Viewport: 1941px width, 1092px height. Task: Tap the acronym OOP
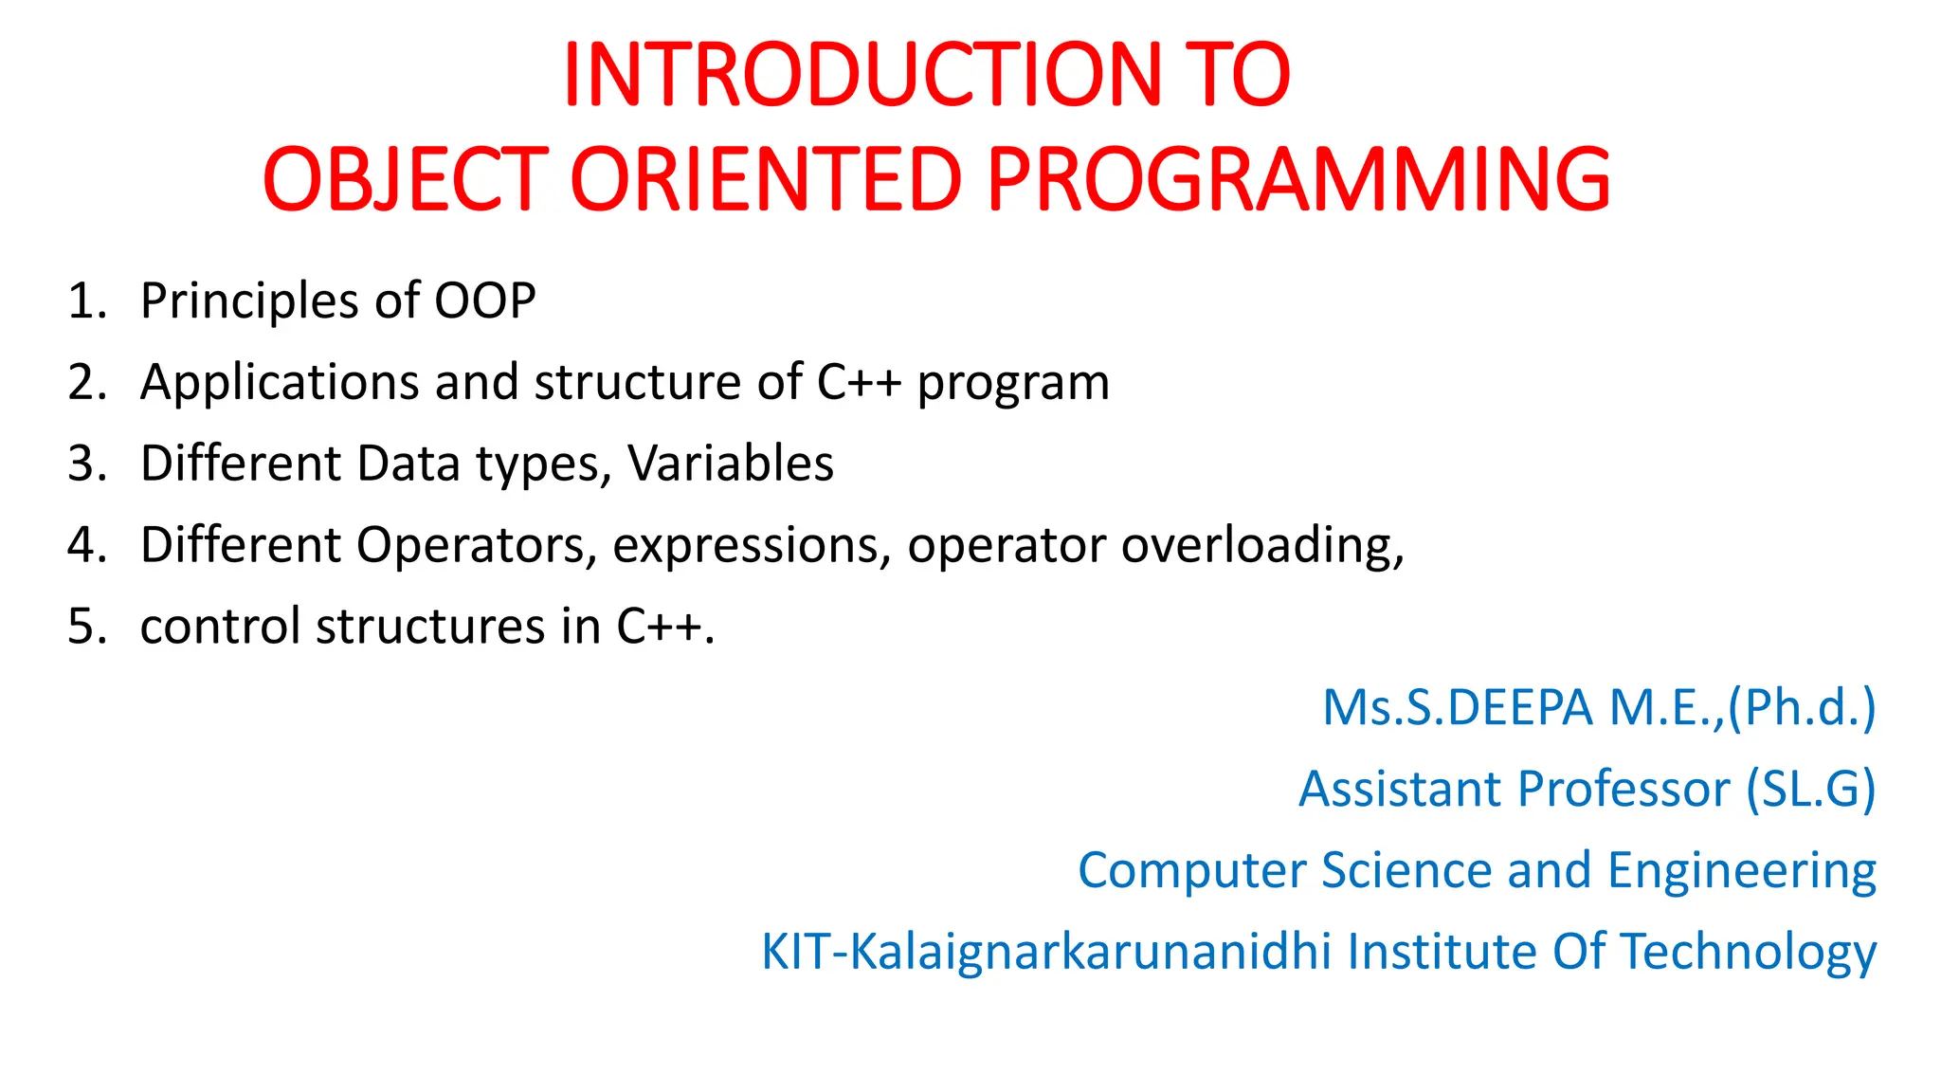pyautogui.click(x=485, y=301)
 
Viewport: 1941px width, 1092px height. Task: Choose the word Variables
pyautogui.click(x=731, y=464)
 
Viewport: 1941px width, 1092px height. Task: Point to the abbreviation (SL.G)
pyautogui.click(x=1811, y=790)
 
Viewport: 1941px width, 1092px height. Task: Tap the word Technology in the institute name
pyautogui.click(x=1749, y=952)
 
